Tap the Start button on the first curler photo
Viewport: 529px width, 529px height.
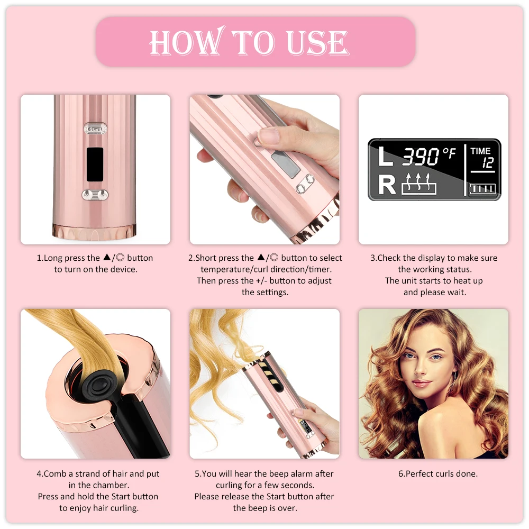pos(95,129)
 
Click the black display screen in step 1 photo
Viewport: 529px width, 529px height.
pos(95,164)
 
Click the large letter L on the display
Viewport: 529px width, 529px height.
pos(386,157)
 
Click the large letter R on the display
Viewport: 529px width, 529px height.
pos(387,185)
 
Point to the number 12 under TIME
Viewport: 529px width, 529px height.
pos(487,164)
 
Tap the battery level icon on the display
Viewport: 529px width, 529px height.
pos(482,188)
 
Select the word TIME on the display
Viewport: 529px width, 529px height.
pos(480,151)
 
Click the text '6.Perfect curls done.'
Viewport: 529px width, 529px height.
pos(437,474)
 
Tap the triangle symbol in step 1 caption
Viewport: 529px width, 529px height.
pos(107,258)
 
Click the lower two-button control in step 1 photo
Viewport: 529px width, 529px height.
pos(95,195)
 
